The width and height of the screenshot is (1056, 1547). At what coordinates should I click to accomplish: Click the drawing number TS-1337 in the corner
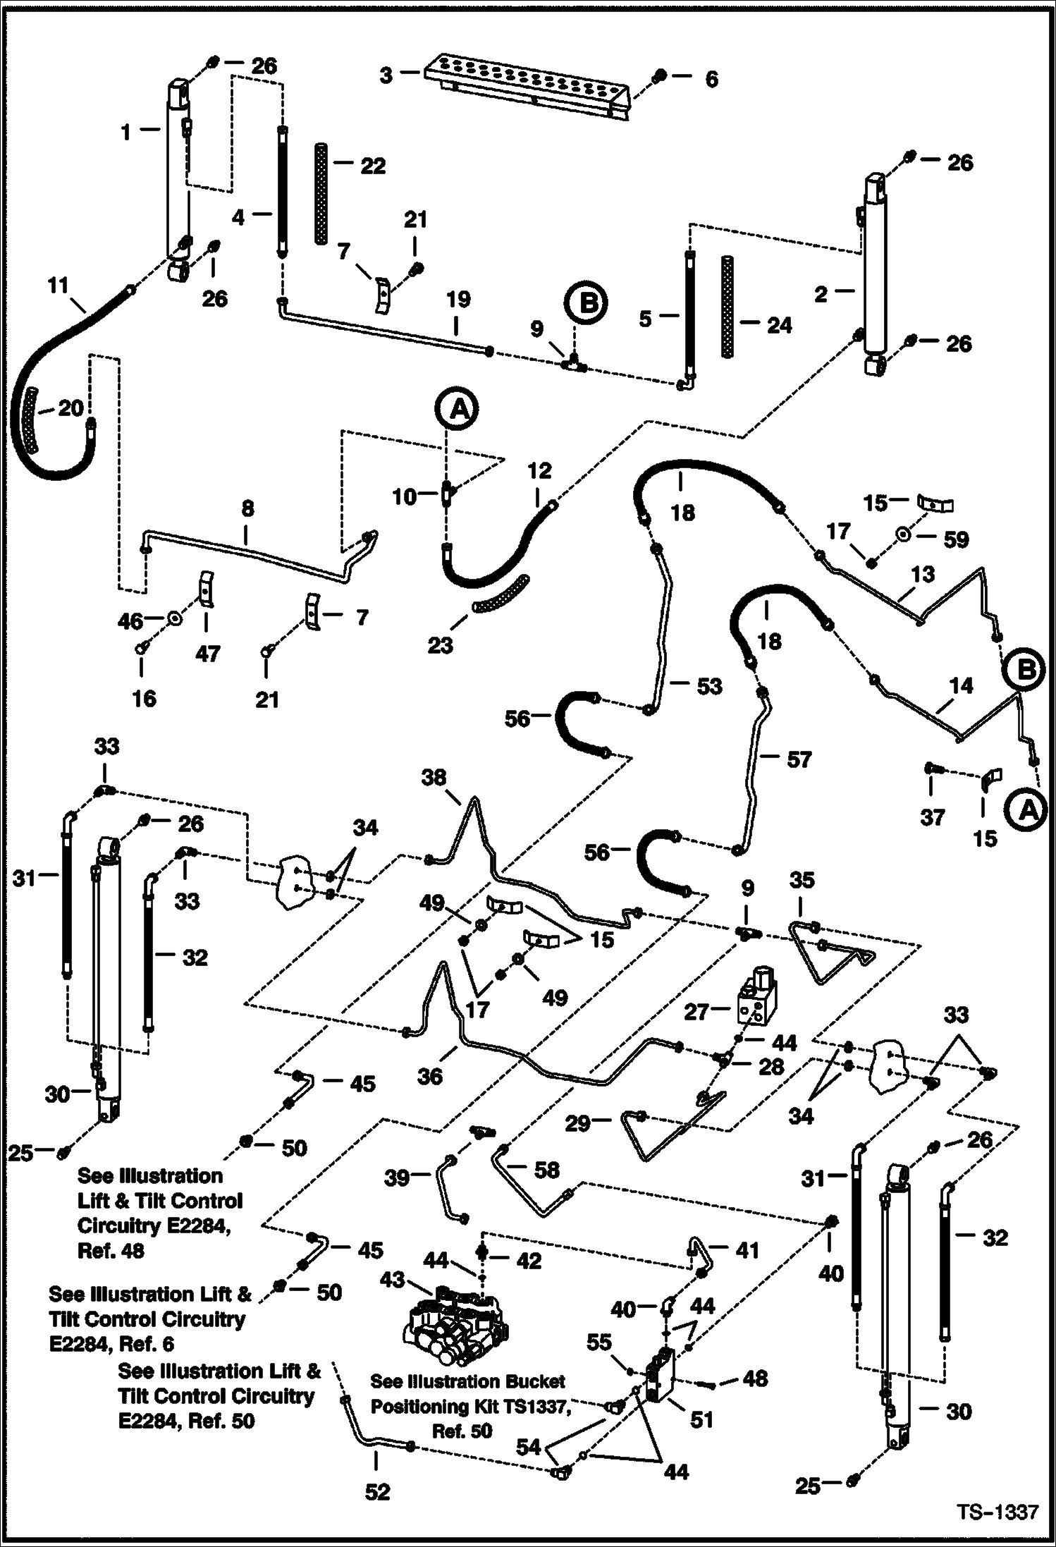997,1511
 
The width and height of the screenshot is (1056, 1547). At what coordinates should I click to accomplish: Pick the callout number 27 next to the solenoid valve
696,1012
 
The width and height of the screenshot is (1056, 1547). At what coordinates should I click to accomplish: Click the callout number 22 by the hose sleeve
373,166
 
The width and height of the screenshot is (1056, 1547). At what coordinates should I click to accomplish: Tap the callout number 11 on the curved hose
58,286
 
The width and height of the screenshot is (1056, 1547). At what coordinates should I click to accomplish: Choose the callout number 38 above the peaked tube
434,777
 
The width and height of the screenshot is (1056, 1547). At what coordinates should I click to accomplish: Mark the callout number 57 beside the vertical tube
799,759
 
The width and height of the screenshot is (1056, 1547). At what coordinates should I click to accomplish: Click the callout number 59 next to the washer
956,539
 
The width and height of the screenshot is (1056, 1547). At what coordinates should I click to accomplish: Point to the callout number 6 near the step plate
711,79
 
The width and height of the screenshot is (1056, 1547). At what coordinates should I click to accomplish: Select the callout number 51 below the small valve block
701,1419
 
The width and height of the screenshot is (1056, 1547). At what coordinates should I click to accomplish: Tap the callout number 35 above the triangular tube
802,880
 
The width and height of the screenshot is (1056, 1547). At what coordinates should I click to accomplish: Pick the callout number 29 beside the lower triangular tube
577,1123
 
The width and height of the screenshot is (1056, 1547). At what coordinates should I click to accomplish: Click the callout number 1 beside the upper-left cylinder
125,132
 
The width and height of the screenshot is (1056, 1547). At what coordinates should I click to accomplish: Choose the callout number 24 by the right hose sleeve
779,325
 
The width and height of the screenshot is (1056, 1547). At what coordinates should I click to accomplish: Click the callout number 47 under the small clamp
207,654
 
